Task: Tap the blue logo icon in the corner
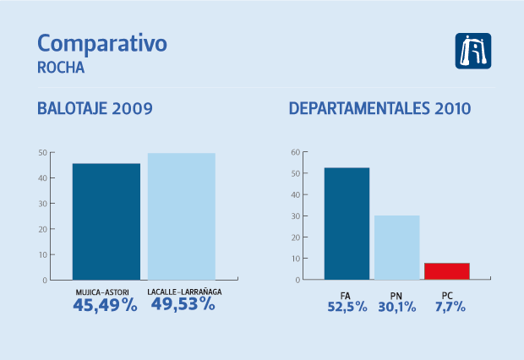(473, 51)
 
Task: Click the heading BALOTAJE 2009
(95, 109)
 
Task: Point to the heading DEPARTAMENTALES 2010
(379, 109)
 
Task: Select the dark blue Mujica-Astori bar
(106, 221)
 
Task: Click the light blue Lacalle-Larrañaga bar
(181, 215)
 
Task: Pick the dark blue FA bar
(347, 223)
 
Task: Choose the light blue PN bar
(396, 247)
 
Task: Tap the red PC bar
(446, 270)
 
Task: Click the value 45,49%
(106, 306)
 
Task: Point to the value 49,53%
(183, 306)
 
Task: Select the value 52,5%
(347, 308)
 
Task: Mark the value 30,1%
(396, 308)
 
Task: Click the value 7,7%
(446, 308)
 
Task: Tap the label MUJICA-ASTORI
(106, 292)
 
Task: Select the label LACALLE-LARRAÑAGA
(183, 292)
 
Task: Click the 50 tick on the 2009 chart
(41, 153)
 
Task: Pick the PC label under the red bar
(446, 295)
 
